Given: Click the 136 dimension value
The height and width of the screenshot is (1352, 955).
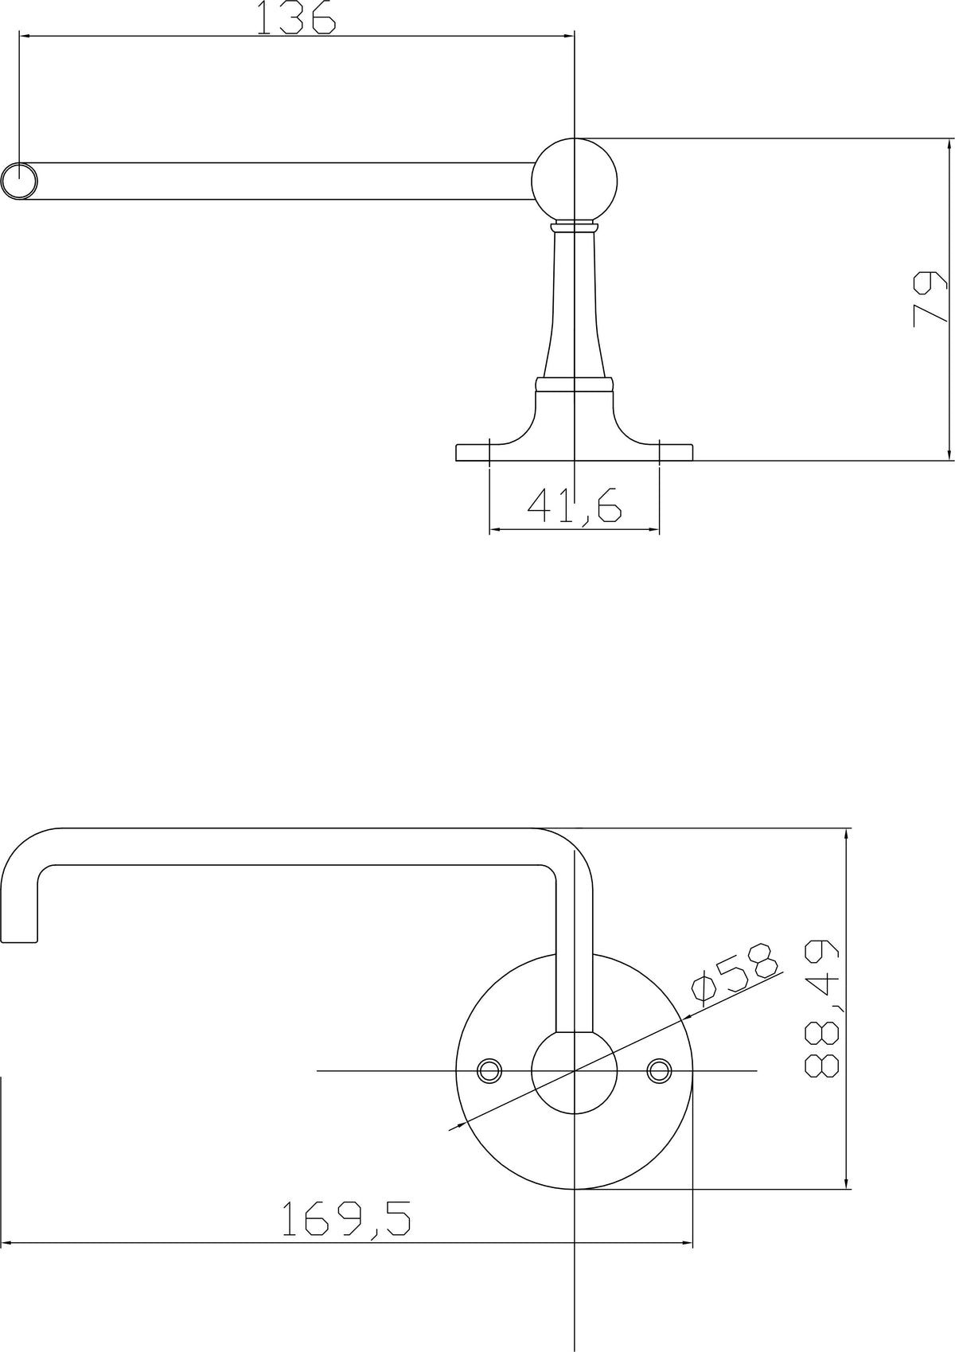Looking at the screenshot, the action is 296,17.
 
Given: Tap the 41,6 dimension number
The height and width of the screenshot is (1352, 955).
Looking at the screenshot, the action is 574,506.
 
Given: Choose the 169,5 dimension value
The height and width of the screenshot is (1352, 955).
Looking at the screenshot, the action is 346,1218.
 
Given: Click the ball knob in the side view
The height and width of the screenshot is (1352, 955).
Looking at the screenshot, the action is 574,181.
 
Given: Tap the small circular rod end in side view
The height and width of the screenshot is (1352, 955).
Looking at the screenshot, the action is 19,181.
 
